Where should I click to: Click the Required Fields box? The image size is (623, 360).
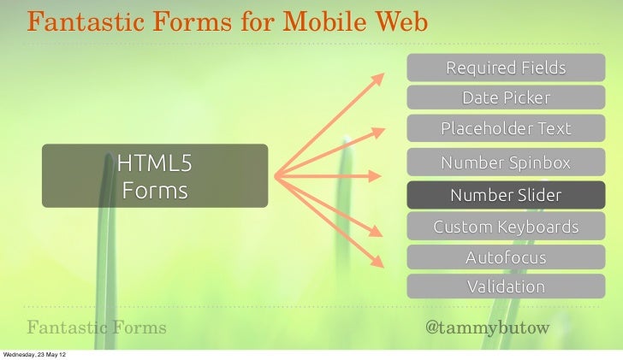coord(505,67)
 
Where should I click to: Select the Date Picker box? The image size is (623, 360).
coord(505,97)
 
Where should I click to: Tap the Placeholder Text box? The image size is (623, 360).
coord(505,129)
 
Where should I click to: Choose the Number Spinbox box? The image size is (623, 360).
coord(505,162)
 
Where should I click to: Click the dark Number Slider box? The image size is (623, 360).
coord(505,195)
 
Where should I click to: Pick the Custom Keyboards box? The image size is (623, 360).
coord(505,227)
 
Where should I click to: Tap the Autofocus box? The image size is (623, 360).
coord(505,257)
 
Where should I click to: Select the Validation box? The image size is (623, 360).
coord(505,286)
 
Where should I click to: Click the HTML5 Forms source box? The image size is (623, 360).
coord(155,176)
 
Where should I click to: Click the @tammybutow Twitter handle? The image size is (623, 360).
coord(487,328)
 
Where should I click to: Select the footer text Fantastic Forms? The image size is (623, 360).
coord(97,328)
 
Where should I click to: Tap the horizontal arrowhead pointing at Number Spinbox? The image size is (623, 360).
coord(375,177)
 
